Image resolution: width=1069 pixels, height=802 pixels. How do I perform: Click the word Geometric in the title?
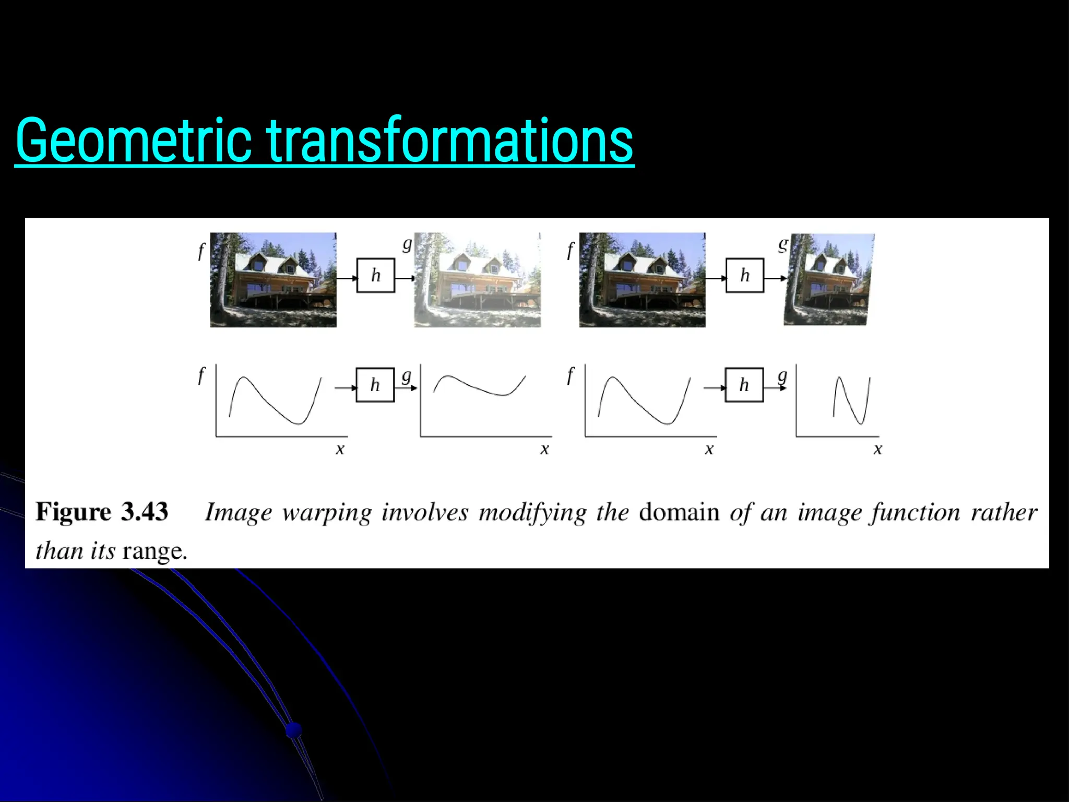tap(134, 140)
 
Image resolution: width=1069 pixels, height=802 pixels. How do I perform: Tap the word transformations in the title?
tap(450, 140)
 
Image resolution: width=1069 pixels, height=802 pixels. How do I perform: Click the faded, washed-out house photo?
tap(478, 280)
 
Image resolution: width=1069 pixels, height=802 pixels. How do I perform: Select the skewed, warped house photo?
tap(828, 280)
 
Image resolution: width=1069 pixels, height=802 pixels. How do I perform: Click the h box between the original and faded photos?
tap(375, 275)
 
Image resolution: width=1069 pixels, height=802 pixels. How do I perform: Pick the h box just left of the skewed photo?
tap(744, 275)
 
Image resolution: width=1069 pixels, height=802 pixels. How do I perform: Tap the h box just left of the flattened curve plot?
tap(375, 385)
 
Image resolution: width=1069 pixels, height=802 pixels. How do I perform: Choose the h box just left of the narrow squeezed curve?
tap(744, 385)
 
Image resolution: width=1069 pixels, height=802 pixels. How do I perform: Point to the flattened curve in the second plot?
tap(479, 386)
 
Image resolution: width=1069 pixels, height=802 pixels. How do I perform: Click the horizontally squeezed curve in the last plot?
tap(851, 399)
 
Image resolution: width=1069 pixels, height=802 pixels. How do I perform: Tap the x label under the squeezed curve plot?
tap(877, 449)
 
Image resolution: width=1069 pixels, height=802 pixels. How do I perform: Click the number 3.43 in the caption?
tap(145, 512)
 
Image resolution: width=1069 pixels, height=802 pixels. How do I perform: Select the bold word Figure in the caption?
tap(74, 512)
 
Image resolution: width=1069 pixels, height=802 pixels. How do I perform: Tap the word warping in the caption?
tap(327, 513)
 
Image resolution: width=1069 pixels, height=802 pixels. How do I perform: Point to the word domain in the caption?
tap(679, 512)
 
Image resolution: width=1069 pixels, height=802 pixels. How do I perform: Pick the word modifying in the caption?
tap(532, 513)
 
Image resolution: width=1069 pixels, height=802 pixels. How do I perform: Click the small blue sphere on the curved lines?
tap(294, 729)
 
